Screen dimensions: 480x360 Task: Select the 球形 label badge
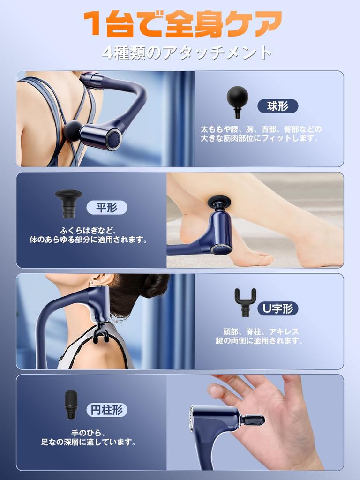(x=277, y=106)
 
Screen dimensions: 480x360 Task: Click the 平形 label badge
(x=107, y=207)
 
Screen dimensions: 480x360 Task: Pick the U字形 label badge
(x=277, y=308)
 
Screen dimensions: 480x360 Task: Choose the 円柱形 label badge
(x=107, y=410)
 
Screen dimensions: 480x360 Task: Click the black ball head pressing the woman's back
(x=73, y=130)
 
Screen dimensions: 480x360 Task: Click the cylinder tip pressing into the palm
(x=253, y=420)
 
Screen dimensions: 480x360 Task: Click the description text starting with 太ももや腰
(x=262, y=134)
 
